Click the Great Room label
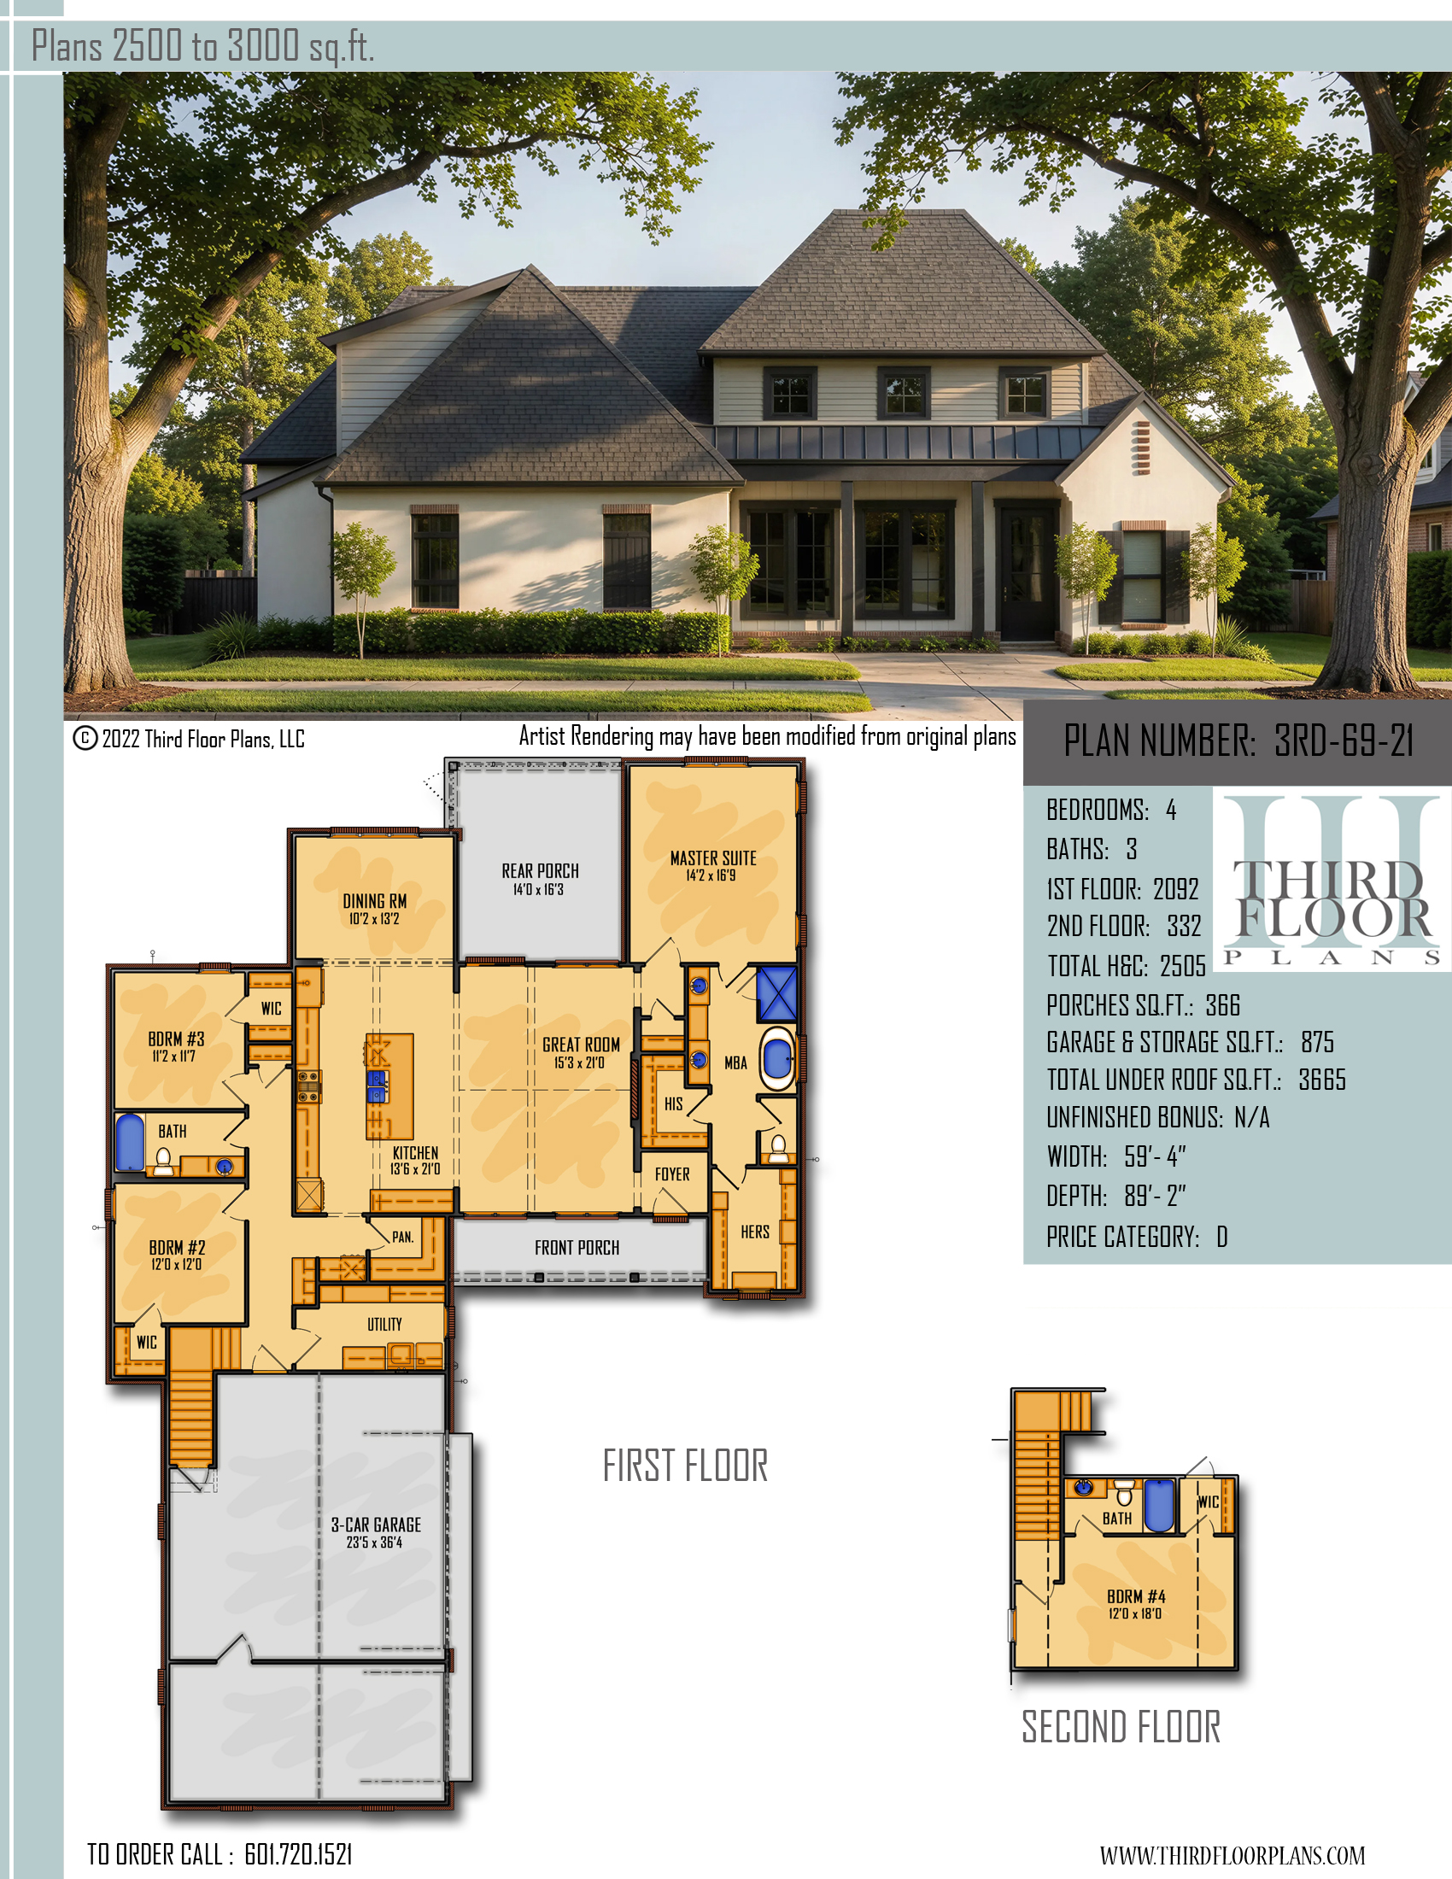click(x=581, y=1044)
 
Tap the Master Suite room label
click(x=713, y=858)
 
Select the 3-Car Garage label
click(x=376, y=1524)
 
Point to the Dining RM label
click(x=374, y=901)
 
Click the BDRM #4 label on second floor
click(x=1135, y=1596)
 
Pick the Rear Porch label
click(x=540, y=870)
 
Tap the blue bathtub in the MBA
click(x=777, y=1058)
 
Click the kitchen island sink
click(x=378, y=1086)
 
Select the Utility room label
click(x=384, y=1324)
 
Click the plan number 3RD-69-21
click(x=1344, y=740)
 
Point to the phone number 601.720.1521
click(x=298, y=1853)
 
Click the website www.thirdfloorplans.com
click(x=1232, y=1855)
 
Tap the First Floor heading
click(x=685, y=1466)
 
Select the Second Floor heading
click(x=1121, y=1727)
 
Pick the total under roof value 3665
click(x=1322, y=1080)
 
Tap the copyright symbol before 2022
click(x=85, y=738)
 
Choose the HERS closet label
click(x=755, y=1232)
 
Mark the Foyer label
click(x=672, y=1174)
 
